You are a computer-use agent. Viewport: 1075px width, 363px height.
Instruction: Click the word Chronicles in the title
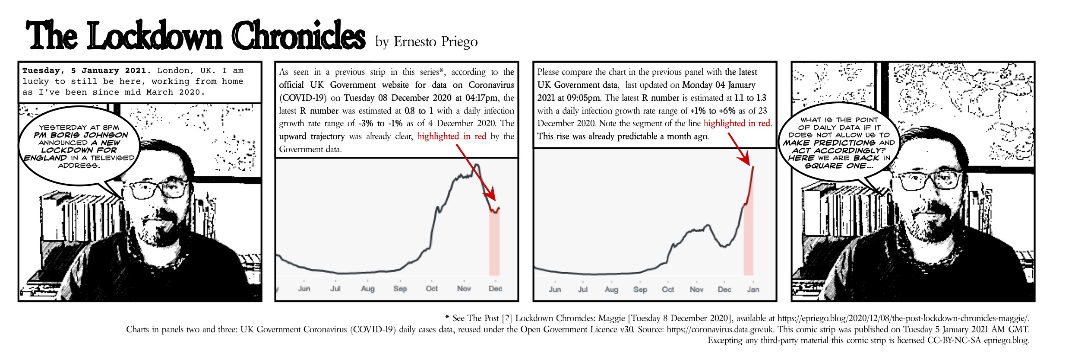[x=299, y=36]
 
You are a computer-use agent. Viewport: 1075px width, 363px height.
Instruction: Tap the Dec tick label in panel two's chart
[x=495, y=289]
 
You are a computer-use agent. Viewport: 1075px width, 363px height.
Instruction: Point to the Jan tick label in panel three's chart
[x=753, y=290]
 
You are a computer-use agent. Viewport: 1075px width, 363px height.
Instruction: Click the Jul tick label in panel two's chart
[x=335, y=289]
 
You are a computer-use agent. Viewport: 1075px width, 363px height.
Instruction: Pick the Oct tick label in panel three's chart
[x=668, y=290]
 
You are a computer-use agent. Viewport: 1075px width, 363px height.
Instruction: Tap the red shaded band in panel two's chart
[x=494, y=246]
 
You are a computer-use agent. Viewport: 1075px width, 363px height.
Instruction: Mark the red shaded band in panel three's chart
[x=749, y=242]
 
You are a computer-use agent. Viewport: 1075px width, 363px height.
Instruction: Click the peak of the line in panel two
[x=477, y=165]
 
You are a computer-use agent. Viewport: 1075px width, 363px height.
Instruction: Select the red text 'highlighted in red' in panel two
[x=452, y=137]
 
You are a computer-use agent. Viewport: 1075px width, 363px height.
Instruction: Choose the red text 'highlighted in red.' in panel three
[x=737, y=124]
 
